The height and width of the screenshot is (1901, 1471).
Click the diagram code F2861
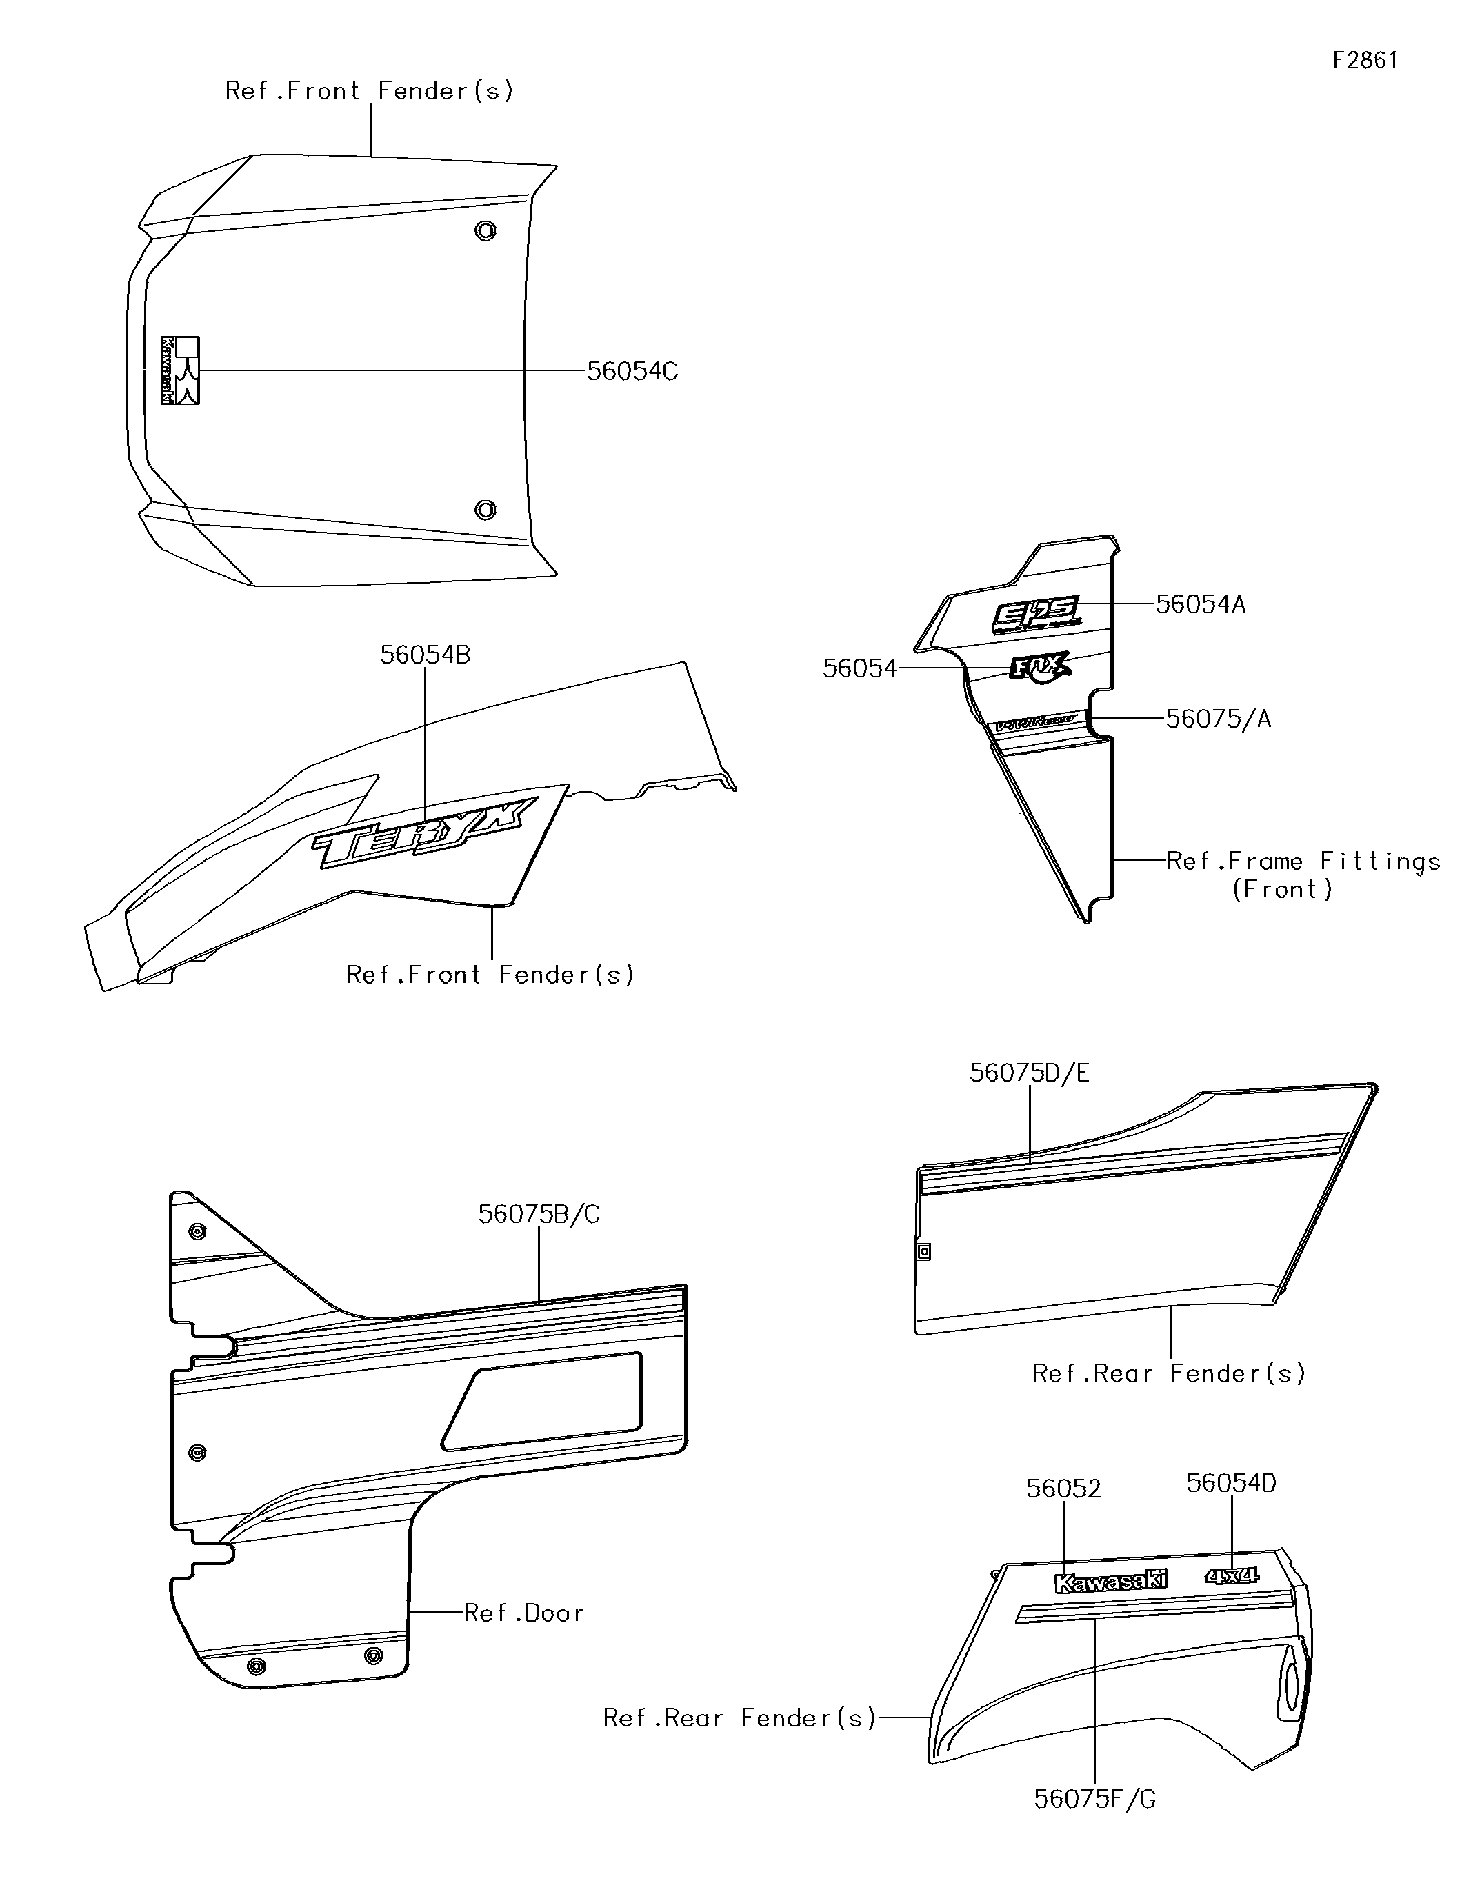click(x=1365, y=60)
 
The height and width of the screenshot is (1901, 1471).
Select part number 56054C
click(x=632, y=372)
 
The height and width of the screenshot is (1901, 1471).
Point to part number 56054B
click(x=425, y=655)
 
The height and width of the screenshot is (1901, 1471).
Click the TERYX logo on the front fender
click(x=423, y=834)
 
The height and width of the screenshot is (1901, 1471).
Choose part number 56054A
click(x=1200, y=605)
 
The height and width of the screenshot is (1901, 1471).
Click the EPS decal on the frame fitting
click(x=1037, y=615)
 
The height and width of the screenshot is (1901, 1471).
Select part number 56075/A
click(x=1218, y=719)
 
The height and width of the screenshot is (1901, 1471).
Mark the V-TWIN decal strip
click(x=1036, y=722)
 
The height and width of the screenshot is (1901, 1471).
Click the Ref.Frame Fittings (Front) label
click(x=1302, y=875)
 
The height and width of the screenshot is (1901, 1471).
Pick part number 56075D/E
click(x=1029, y=1073)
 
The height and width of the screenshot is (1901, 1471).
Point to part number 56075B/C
click(x=539, y=1214)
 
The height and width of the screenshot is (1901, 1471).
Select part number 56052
click(x=1063, y=1489)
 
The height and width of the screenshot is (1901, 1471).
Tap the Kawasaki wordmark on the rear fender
click(x=1110, y=1582)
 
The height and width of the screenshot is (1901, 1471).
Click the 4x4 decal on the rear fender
click(x=1232, y=1575)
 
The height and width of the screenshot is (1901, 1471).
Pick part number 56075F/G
click(x=1094, y=1799)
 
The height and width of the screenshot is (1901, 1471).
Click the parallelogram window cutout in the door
click(x=546, y=1402)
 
